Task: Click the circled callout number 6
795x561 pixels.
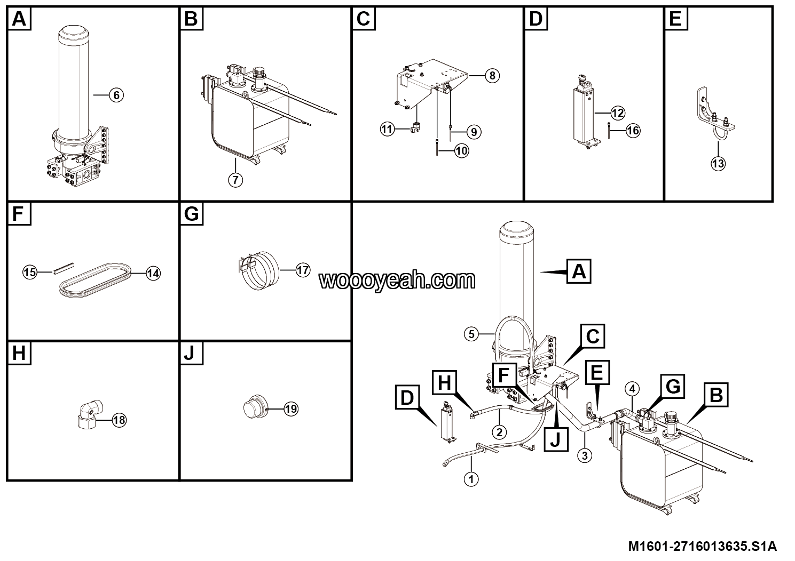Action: (x=116, y=95)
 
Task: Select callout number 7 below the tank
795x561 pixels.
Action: (x=235, y=180)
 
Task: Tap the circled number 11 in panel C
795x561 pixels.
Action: (x=387, y=129)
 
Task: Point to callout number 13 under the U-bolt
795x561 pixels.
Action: (x=718, y=163)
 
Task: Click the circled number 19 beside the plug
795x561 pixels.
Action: (x=291, y=409)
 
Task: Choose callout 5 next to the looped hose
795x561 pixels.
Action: (x=471, y=334)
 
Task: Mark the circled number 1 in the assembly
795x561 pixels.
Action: (x=471, y=479)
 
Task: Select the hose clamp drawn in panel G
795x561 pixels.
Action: (x=259, y=270)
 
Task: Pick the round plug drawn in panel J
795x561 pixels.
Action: (x=255, y=407)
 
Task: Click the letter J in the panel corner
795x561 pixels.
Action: (x=191, y=354)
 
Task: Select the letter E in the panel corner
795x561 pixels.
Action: (x=675, y=19)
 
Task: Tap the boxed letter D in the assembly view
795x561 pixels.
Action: (x=407, y=398)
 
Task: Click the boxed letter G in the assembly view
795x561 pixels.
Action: (x=673, y=386)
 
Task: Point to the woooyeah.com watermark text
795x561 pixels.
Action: (x=397, y=280)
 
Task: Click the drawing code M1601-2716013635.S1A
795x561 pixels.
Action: (x=703, y=546)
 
